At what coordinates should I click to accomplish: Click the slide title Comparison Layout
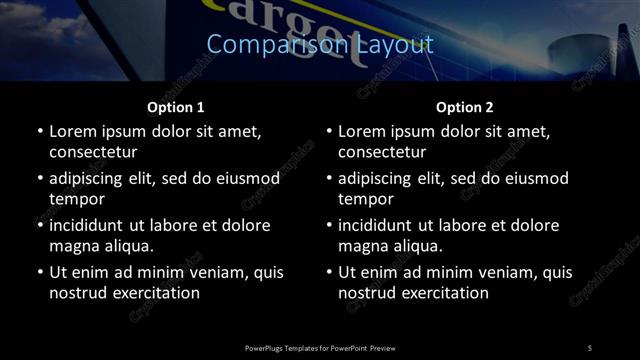[320, 44]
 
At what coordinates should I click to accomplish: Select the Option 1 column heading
[176, 107]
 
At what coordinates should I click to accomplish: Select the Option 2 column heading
[465, 107]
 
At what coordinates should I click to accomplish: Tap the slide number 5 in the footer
[590, 347]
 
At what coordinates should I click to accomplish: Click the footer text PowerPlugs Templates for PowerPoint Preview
[320, 347]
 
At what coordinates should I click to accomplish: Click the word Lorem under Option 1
[73, 131]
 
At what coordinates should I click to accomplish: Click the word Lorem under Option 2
[362, 131]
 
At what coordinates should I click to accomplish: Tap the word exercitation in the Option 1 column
[150, 293]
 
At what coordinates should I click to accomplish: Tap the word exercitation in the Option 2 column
[439, 293]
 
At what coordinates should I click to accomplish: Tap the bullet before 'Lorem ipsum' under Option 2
[327, 131]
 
